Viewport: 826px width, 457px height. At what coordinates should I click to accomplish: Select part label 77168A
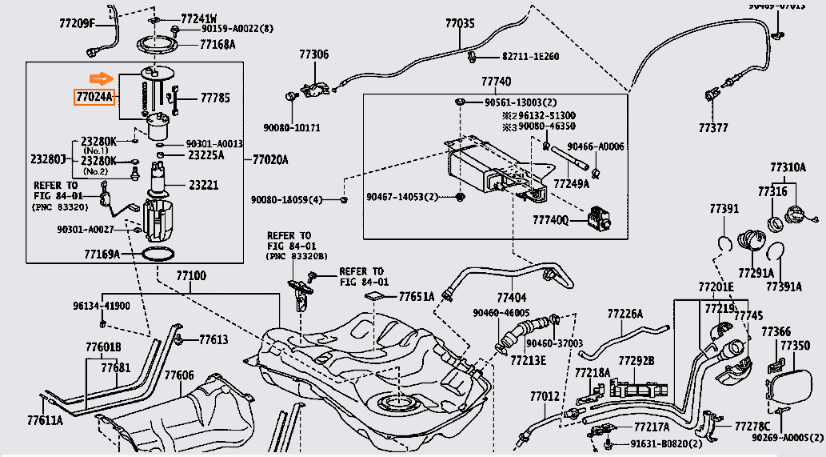point(217,45)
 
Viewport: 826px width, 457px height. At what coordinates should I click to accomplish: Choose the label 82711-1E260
point(530,57)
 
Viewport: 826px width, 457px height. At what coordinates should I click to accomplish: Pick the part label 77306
point(313,54)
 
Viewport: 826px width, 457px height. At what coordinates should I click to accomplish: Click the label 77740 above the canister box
point(496,82)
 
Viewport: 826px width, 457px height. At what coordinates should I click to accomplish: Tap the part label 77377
point(712,127)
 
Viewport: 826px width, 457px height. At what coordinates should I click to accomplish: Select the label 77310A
point(788,167)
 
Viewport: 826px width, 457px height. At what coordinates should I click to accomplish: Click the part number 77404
point(511,295)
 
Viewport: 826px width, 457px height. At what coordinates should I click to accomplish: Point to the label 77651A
point(417,297)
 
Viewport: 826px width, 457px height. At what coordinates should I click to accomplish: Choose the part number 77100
point(191,275)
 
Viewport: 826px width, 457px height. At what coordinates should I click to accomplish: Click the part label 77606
point(179,375)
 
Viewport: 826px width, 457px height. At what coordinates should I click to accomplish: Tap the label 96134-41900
point(102,306)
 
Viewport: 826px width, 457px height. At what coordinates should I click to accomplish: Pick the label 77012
point(545,397)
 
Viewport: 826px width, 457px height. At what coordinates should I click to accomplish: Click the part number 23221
point(203,185)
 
